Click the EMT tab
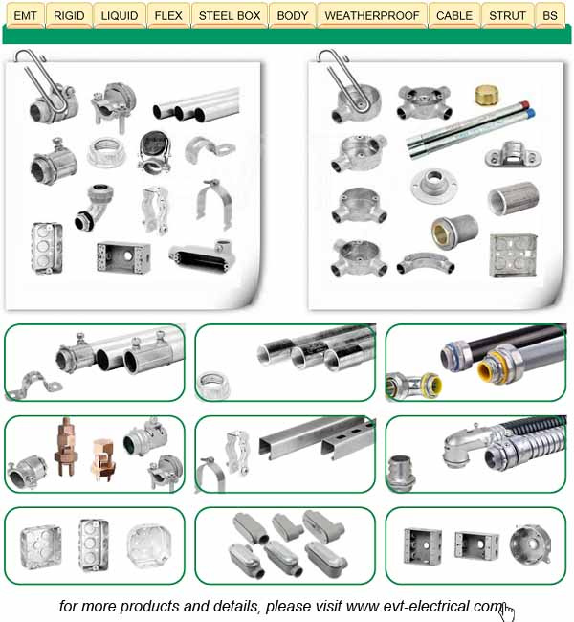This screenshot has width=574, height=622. [x=25, y=15]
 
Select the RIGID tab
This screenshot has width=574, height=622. [x=69, y=15]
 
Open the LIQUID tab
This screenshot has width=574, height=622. [x=120, y=15]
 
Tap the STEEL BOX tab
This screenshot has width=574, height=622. [x=230, y=15]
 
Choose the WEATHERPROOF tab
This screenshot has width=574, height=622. [x=372, y=15]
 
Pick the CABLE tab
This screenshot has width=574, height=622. [x=454, y=15]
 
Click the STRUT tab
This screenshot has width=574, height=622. [x=507, y=15]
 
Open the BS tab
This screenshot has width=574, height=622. [x=550, y=15]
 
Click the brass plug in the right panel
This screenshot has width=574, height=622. [x=487, y=95]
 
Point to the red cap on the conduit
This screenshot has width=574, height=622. [x=525, y=105]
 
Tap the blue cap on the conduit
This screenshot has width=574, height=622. [x=531, y=113]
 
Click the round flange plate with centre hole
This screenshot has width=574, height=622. [x=434, y=185]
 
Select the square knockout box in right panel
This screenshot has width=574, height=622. [x=514, y=255]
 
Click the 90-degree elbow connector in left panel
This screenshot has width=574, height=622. [x=95, y=207]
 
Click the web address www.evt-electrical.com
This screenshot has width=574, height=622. [x=425, y=606]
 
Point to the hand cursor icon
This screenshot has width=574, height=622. [x=506, y=612]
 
